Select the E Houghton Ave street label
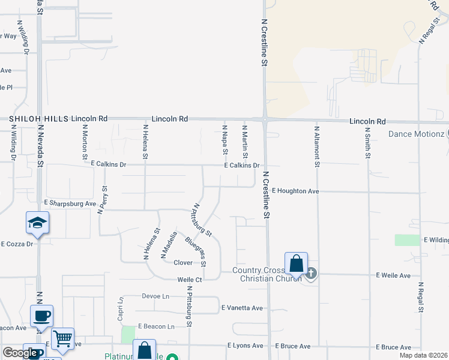pyautogui.click(x=295, y=191)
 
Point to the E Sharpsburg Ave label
pyautogui.click(x=70, y=204)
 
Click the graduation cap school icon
pyautogui.click(x=37, y=223)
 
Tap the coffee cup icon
pyautogui.click(x=42, y=316)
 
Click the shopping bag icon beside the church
pyautogui.click(x=297, y=263)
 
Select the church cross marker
pyautogui.click(x=310, y=274)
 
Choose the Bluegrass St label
pyautogui.click(x=196, y=251)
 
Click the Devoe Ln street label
pyautogui.click(x=155, y=296)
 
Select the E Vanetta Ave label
pyautogui.click(x=242, y=308)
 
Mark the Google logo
pyautogui.click(x=19, y=353)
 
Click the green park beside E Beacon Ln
pyautogui.click(x=128, y=334)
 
